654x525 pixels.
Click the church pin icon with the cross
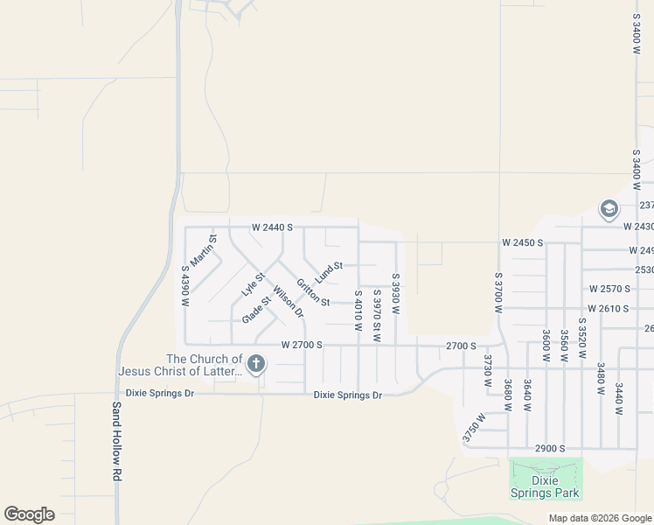[x=256, y=364]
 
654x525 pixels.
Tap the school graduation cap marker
[x=609, y=209]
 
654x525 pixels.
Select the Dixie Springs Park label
[x=546, y=486]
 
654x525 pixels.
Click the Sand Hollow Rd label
[x=115, y=441]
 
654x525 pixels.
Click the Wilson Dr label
[x=288, y=301]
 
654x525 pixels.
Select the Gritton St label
[x=312, y=293]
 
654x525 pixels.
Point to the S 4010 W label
[x=358, y=311]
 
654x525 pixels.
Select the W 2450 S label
[x=523, y=242]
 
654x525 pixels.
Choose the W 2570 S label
[x=609, y=289]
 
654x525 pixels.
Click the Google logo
[x=30, y=514]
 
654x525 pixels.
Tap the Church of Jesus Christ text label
[x=180, y=365]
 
